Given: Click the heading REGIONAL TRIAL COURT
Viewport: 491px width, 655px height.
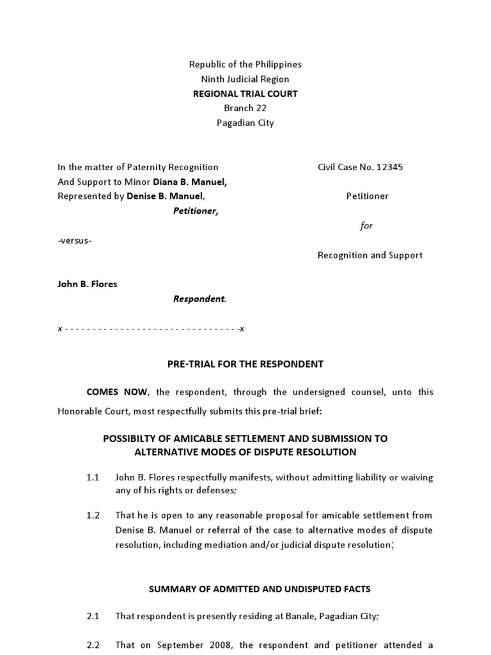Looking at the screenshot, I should click(x=245, y=93).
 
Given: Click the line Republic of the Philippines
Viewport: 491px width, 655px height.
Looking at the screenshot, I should click(x=245, y=64).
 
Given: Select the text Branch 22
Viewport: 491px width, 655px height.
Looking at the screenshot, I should click(x=245, y=108).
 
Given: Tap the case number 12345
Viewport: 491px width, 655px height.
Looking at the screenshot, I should click(x=390, y=167).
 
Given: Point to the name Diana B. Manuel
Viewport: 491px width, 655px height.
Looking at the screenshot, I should click(x=190, y=182).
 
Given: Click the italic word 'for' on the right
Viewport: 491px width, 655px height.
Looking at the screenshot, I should click(x=366, y=226).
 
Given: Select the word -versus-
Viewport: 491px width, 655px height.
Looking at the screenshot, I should click(x=74, y=241).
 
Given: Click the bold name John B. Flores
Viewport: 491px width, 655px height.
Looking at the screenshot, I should click(x=88, y=284).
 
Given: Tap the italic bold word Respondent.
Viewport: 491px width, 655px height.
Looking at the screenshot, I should click(x=199, y=299).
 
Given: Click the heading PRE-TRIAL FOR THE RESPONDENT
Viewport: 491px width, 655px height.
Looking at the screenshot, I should click(x=245, y=364).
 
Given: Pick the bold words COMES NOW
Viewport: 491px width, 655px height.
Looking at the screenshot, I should click(x=117, y=391).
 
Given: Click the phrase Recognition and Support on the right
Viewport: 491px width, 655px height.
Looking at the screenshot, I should click(x=370, y=255).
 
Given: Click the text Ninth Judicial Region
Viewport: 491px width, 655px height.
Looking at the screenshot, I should click(x=245, y=79).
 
